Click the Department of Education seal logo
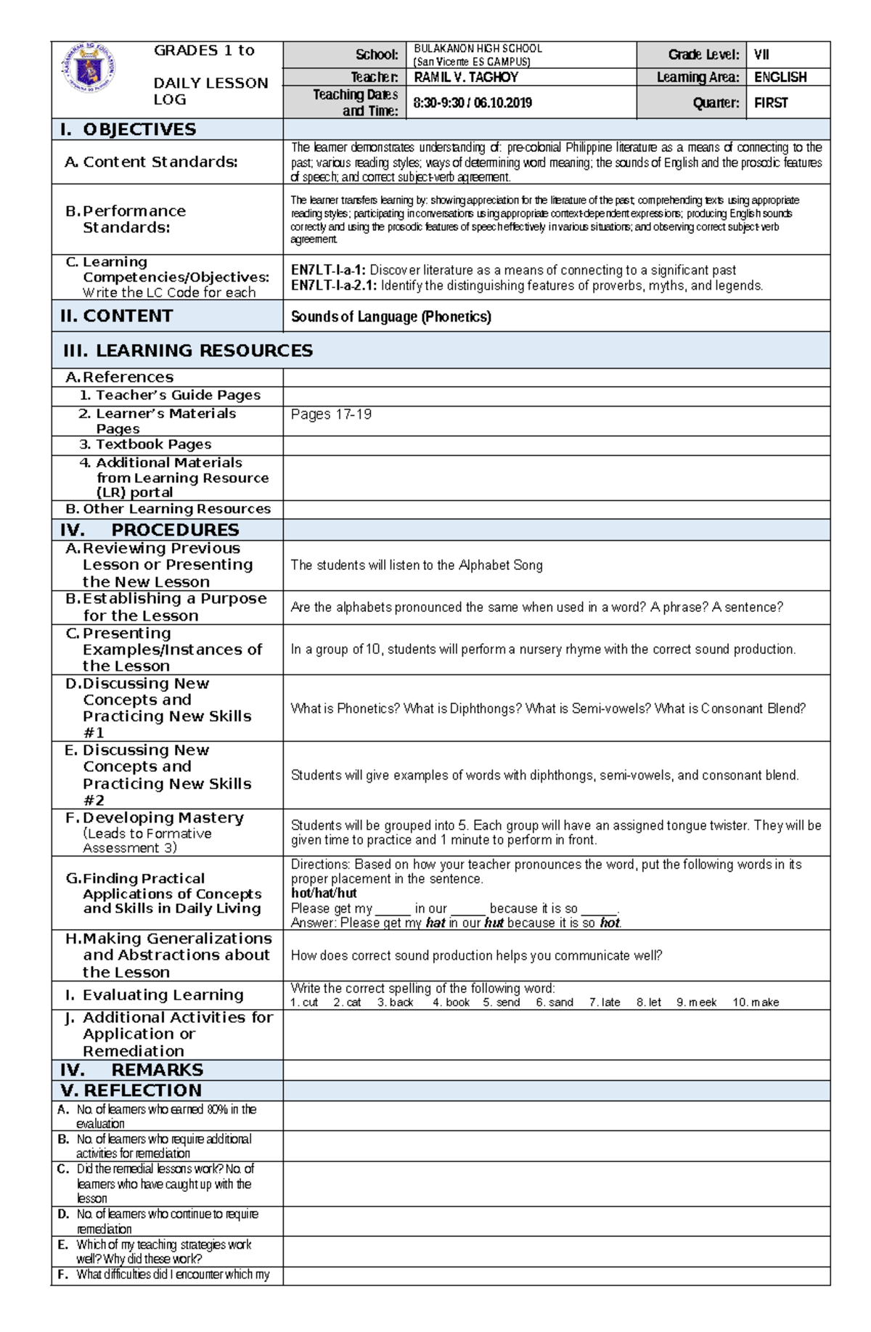coord(89,68)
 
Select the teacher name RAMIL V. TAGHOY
coord(465,77)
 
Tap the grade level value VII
coord(761,54)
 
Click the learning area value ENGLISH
coord(780,77)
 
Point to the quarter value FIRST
coord(771,103)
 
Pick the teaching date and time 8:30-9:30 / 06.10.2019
coord(472,103)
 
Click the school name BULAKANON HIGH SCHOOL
coord(478,49)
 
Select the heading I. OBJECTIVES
coord(128,129)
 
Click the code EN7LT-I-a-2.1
coord(333,285)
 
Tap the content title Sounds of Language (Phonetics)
coord(390,316)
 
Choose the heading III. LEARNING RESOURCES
coord(188,351)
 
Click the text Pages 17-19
coord(331,414)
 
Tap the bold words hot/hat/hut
coord(324,893)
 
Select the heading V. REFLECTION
coord(131,1090)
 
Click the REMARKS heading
coord(157,1070)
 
